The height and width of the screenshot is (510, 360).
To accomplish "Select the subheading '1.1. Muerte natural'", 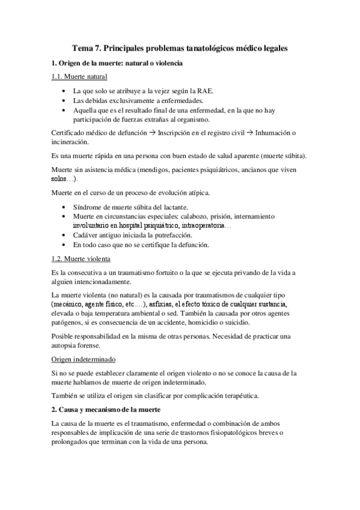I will tap(79, 77).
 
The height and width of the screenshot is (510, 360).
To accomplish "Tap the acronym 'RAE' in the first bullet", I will tap(205, 90).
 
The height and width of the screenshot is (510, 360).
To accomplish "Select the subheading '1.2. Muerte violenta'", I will tap(81, 259).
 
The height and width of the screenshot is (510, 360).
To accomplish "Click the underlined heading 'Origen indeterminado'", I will tap(82, 358).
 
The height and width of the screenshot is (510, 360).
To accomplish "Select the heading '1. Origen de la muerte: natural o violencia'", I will tap(118, 63).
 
